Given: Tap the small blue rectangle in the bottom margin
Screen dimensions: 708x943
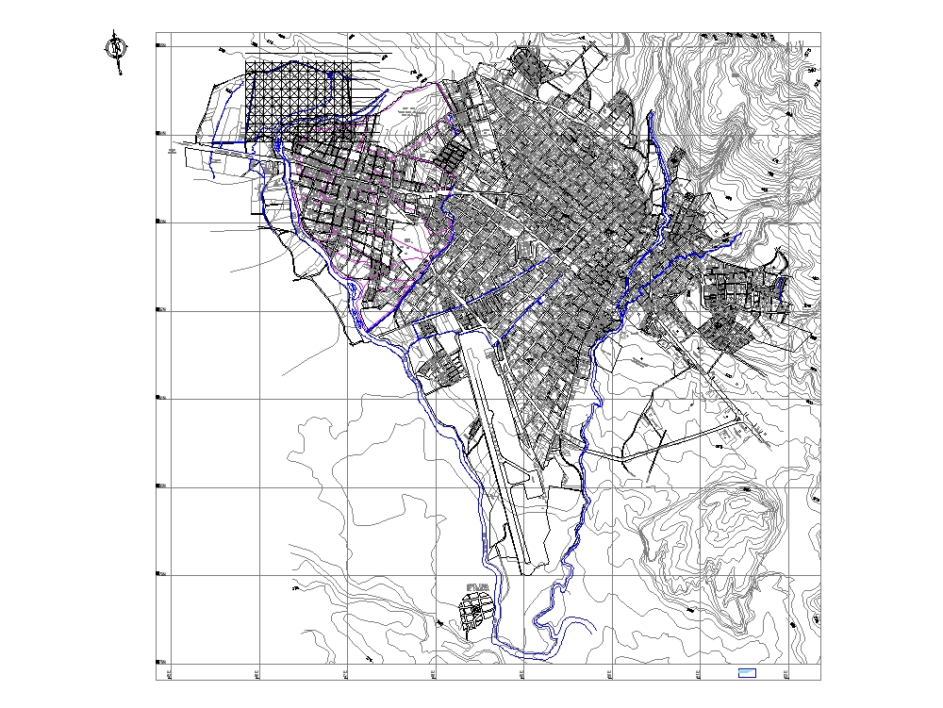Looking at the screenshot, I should pyautogui.click(x=746, y=672).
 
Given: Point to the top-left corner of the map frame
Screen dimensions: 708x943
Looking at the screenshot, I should pyautogui.click(x=157, y=33).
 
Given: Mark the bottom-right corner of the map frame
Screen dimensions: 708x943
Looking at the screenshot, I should pyautogui.click(x=820, y=680).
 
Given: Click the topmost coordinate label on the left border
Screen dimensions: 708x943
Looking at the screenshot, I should pyautogui.click(x=161, y=44).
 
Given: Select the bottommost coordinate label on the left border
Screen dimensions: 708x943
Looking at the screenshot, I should pyautogui.click(x=161, y=662).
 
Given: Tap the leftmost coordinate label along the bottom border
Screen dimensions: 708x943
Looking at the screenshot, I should pyautogui.click(x=169, y=673).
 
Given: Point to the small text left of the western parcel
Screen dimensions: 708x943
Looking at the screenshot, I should pyautogui.click(x=172, y=150).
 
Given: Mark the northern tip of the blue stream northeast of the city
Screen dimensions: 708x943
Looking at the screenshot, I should pyautogui.click(x=651, y=115).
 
